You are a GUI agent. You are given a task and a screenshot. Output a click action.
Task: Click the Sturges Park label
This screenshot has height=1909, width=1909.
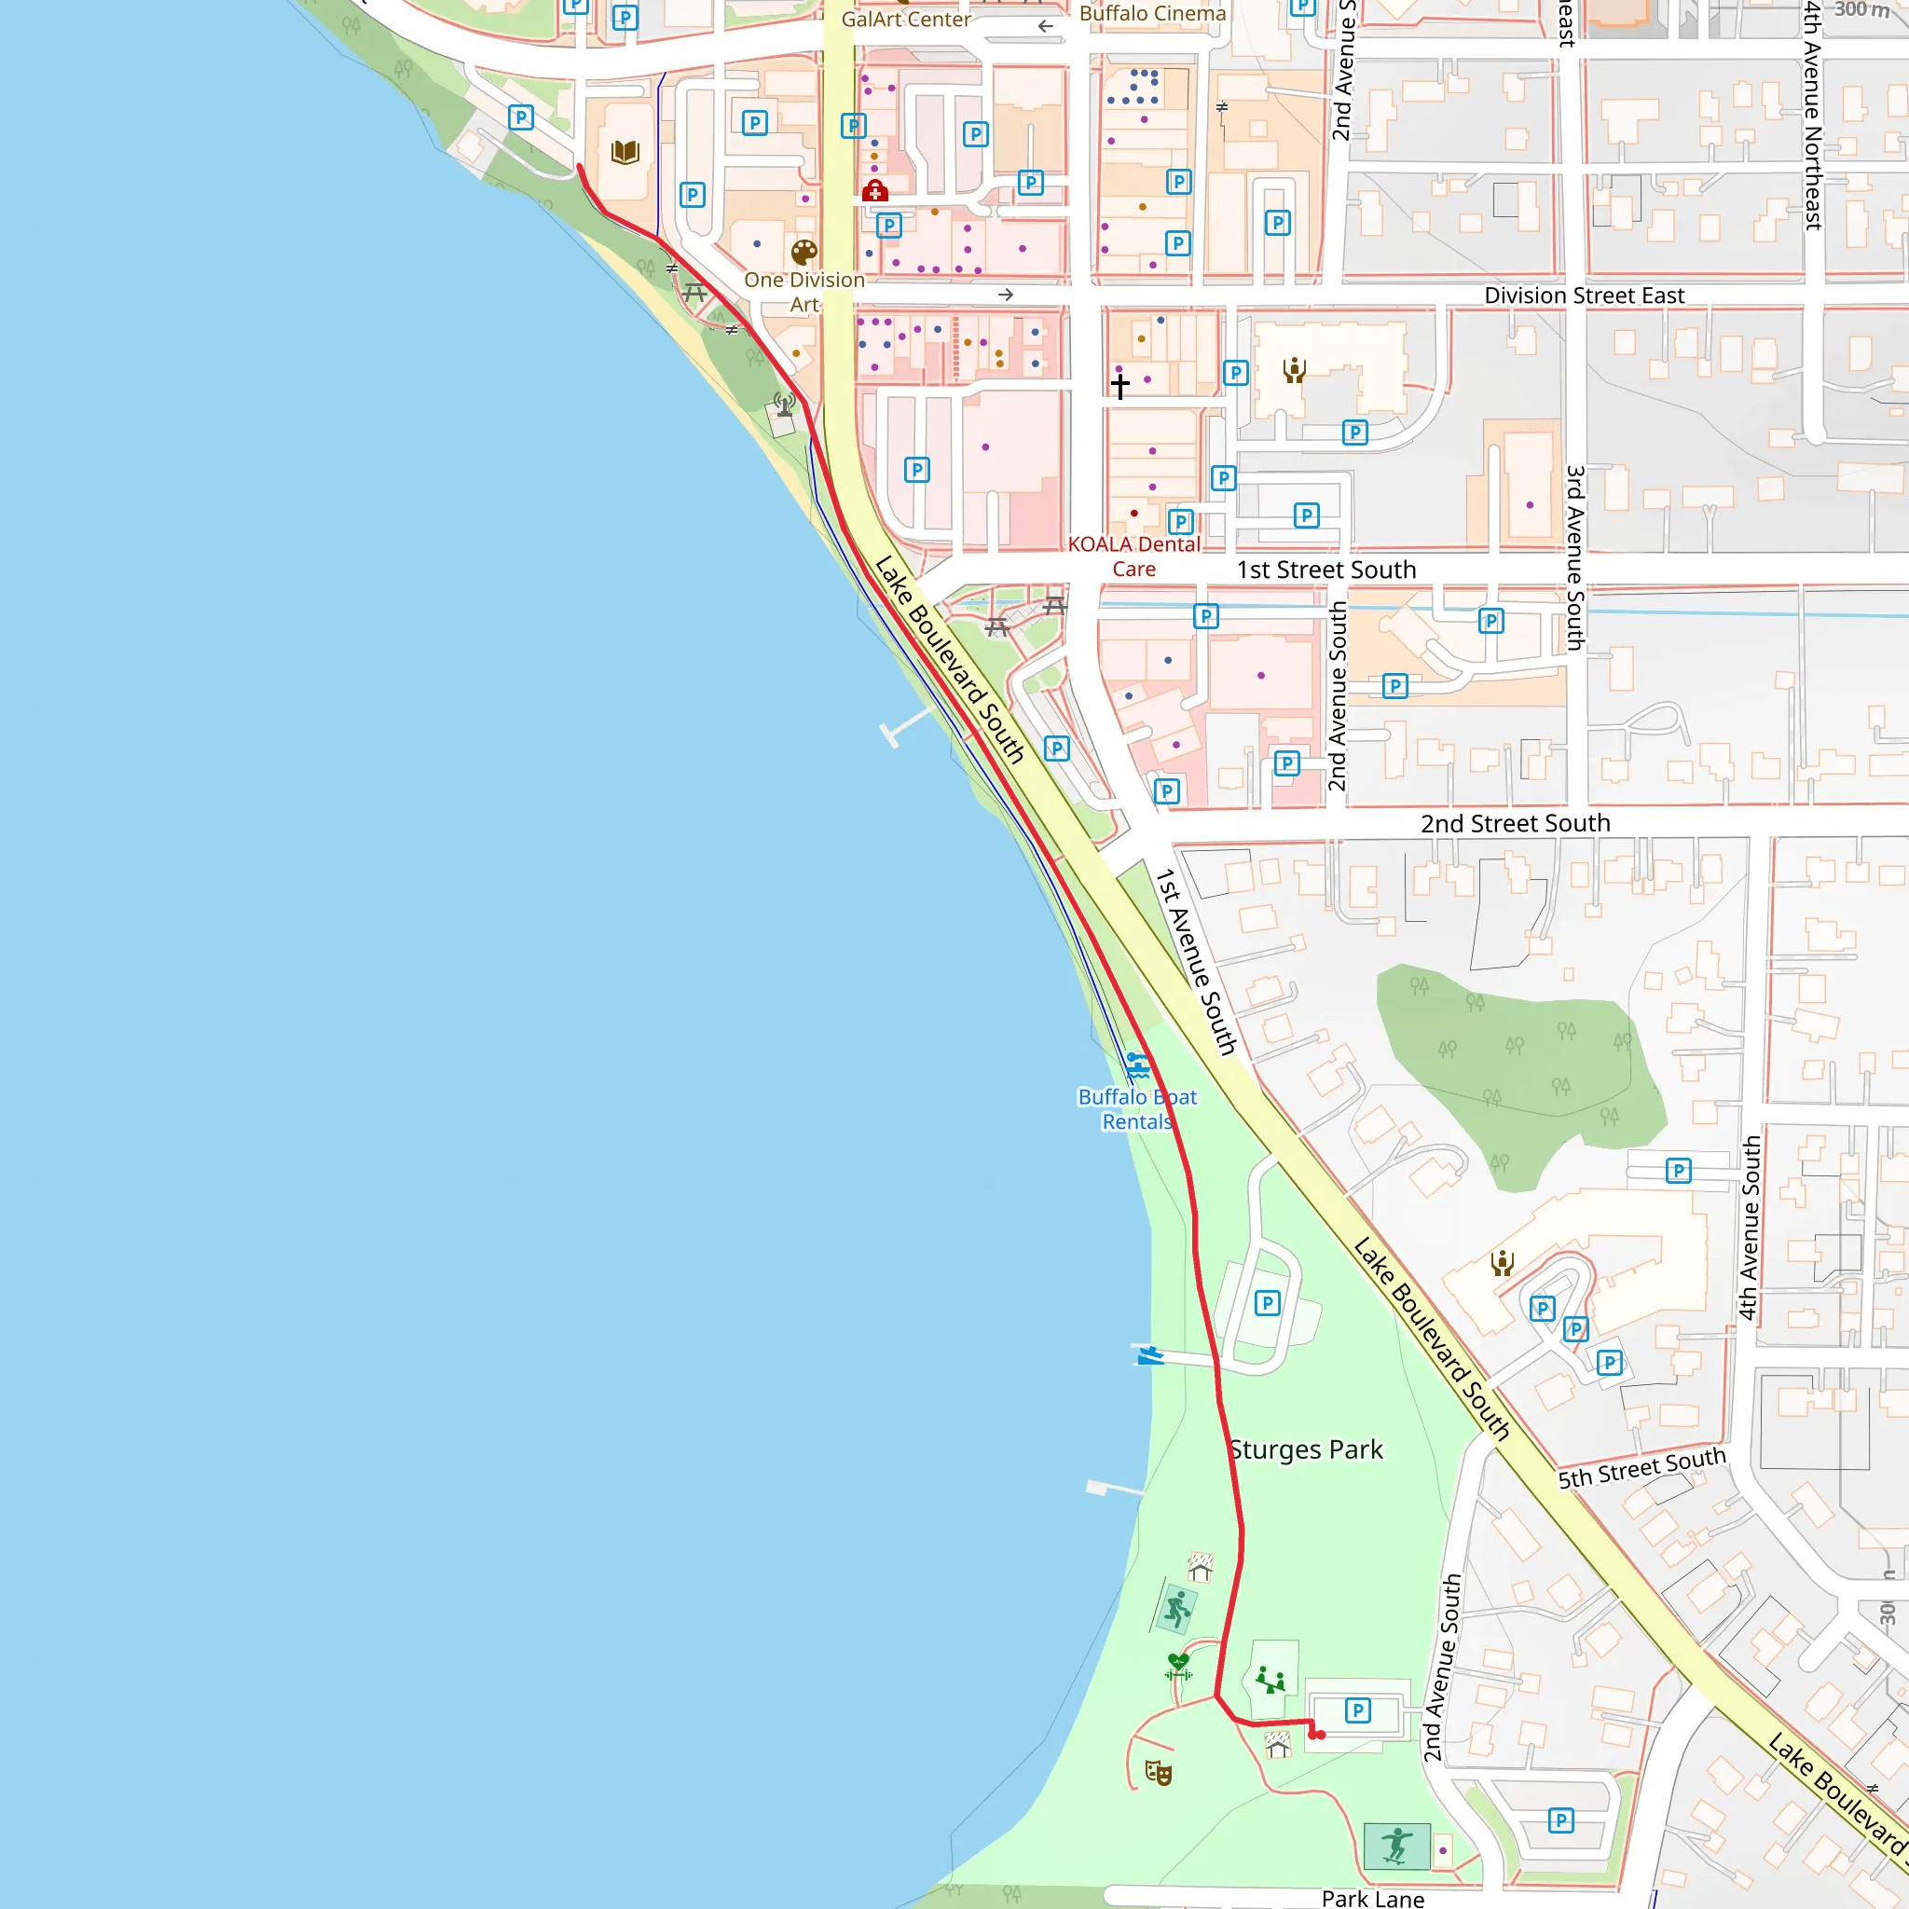click(1305, 1449)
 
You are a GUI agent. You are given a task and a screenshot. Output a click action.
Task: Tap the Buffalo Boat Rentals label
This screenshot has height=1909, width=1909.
click(1136, 1109)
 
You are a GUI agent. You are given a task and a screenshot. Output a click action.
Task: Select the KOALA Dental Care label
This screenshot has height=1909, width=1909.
click(1133, 556)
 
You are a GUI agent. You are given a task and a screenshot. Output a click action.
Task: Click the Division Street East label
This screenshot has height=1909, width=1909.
click(1584, 295)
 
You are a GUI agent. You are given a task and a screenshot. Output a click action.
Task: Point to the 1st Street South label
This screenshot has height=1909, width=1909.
click(1326, 570)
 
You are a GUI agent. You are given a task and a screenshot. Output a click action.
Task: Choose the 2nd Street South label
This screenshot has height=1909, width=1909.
click(1515, 823)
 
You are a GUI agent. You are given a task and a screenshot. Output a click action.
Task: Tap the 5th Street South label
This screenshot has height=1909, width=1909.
click(1641, 1468)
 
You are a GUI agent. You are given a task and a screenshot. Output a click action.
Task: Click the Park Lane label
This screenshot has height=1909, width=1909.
click(1372, 1898)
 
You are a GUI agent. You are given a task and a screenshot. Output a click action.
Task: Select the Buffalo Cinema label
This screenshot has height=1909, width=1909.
click(1152, 14)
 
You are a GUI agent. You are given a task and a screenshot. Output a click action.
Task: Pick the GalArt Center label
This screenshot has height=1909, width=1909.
click(905, 20)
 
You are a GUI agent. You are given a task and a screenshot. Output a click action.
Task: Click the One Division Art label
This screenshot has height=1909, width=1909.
click(804, 293)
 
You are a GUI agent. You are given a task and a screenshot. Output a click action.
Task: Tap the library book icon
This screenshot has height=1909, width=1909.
click(625, 152)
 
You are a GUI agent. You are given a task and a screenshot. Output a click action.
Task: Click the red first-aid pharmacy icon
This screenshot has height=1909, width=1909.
click(874, 191)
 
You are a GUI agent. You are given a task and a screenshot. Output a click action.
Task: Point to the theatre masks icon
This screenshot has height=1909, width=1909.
click(1158, 1773)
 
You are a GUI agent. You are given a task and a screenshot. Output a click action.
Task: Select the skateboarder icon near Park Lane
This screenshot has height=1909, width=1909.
click(1396, 1846)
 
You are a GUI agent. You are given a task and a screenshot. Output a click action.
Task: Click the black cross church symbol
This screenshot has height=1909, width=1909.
click(1119, 385)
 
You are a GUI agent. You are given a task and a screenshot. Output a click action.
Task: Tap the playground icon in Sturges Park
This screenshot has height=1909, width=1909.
click(1270, 1679)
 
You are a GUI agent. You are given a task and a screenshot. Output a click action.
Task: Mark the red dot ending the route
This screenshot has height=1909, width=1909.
click(1320, 1735)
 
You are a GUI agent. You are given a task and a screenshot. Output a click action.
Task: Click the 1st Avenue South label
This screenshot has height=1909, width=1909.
click(1196, 961)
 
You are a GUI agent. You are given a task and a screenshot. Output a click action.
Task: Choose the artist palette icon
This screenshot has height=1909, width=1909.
click(804, 251)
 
